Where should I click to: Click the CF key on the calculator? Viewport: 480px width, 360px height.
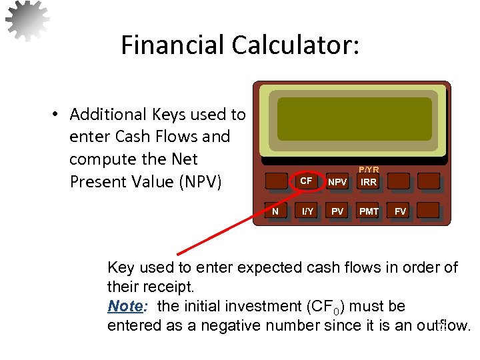[306, 181]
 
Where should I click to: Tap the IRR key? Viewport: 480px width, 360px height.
[369, 181]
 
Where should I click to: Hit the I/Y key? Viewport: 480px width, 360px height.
[307, 211]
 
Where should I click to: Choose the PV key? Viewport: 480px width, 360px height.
[338, 211]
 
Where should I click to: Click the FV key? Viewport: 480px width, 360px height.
[400, 211]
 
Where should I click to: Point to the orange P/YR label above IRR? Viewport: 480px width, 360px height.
[369, 170]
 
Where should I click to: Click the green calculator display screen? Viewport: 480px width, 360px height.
[354, 119]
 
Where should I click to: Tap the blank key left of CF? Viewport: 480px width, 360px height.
[275, 181]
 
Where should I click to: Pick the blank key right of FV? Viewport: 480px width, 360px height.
[430, 211]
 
